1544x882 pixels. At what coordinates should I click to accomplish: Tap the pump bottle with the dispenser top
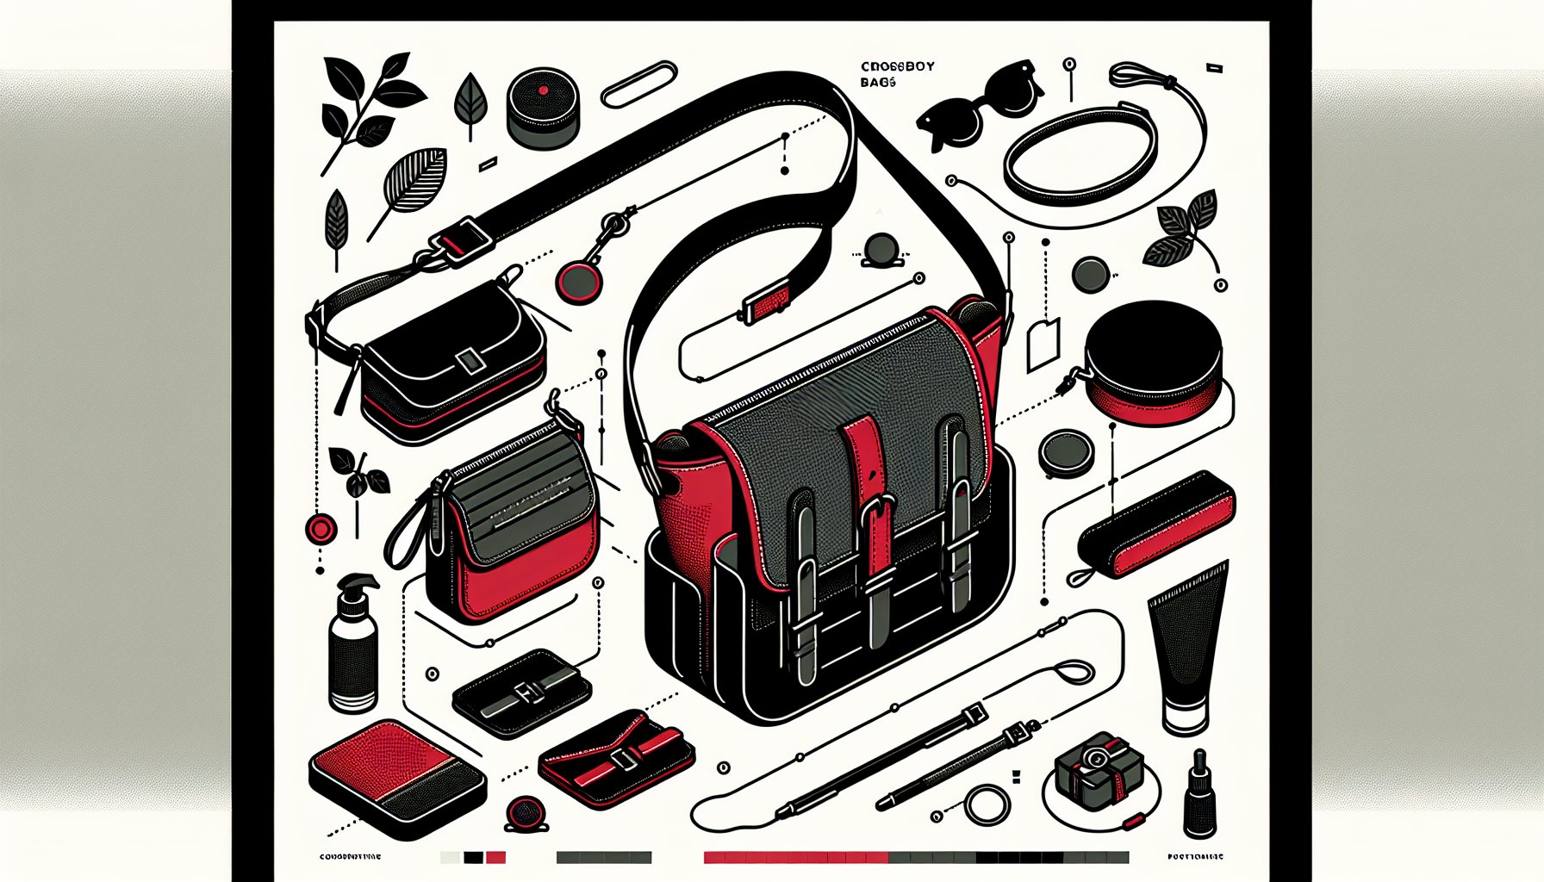[353, 646]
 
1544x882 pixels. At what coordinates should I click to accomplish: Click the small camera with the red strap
[1092, 764]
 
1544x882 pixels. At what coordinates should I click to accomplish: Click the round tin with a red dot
[543, 107]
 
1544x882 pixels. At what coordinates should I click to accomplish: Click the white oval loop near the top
[639, 84]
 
